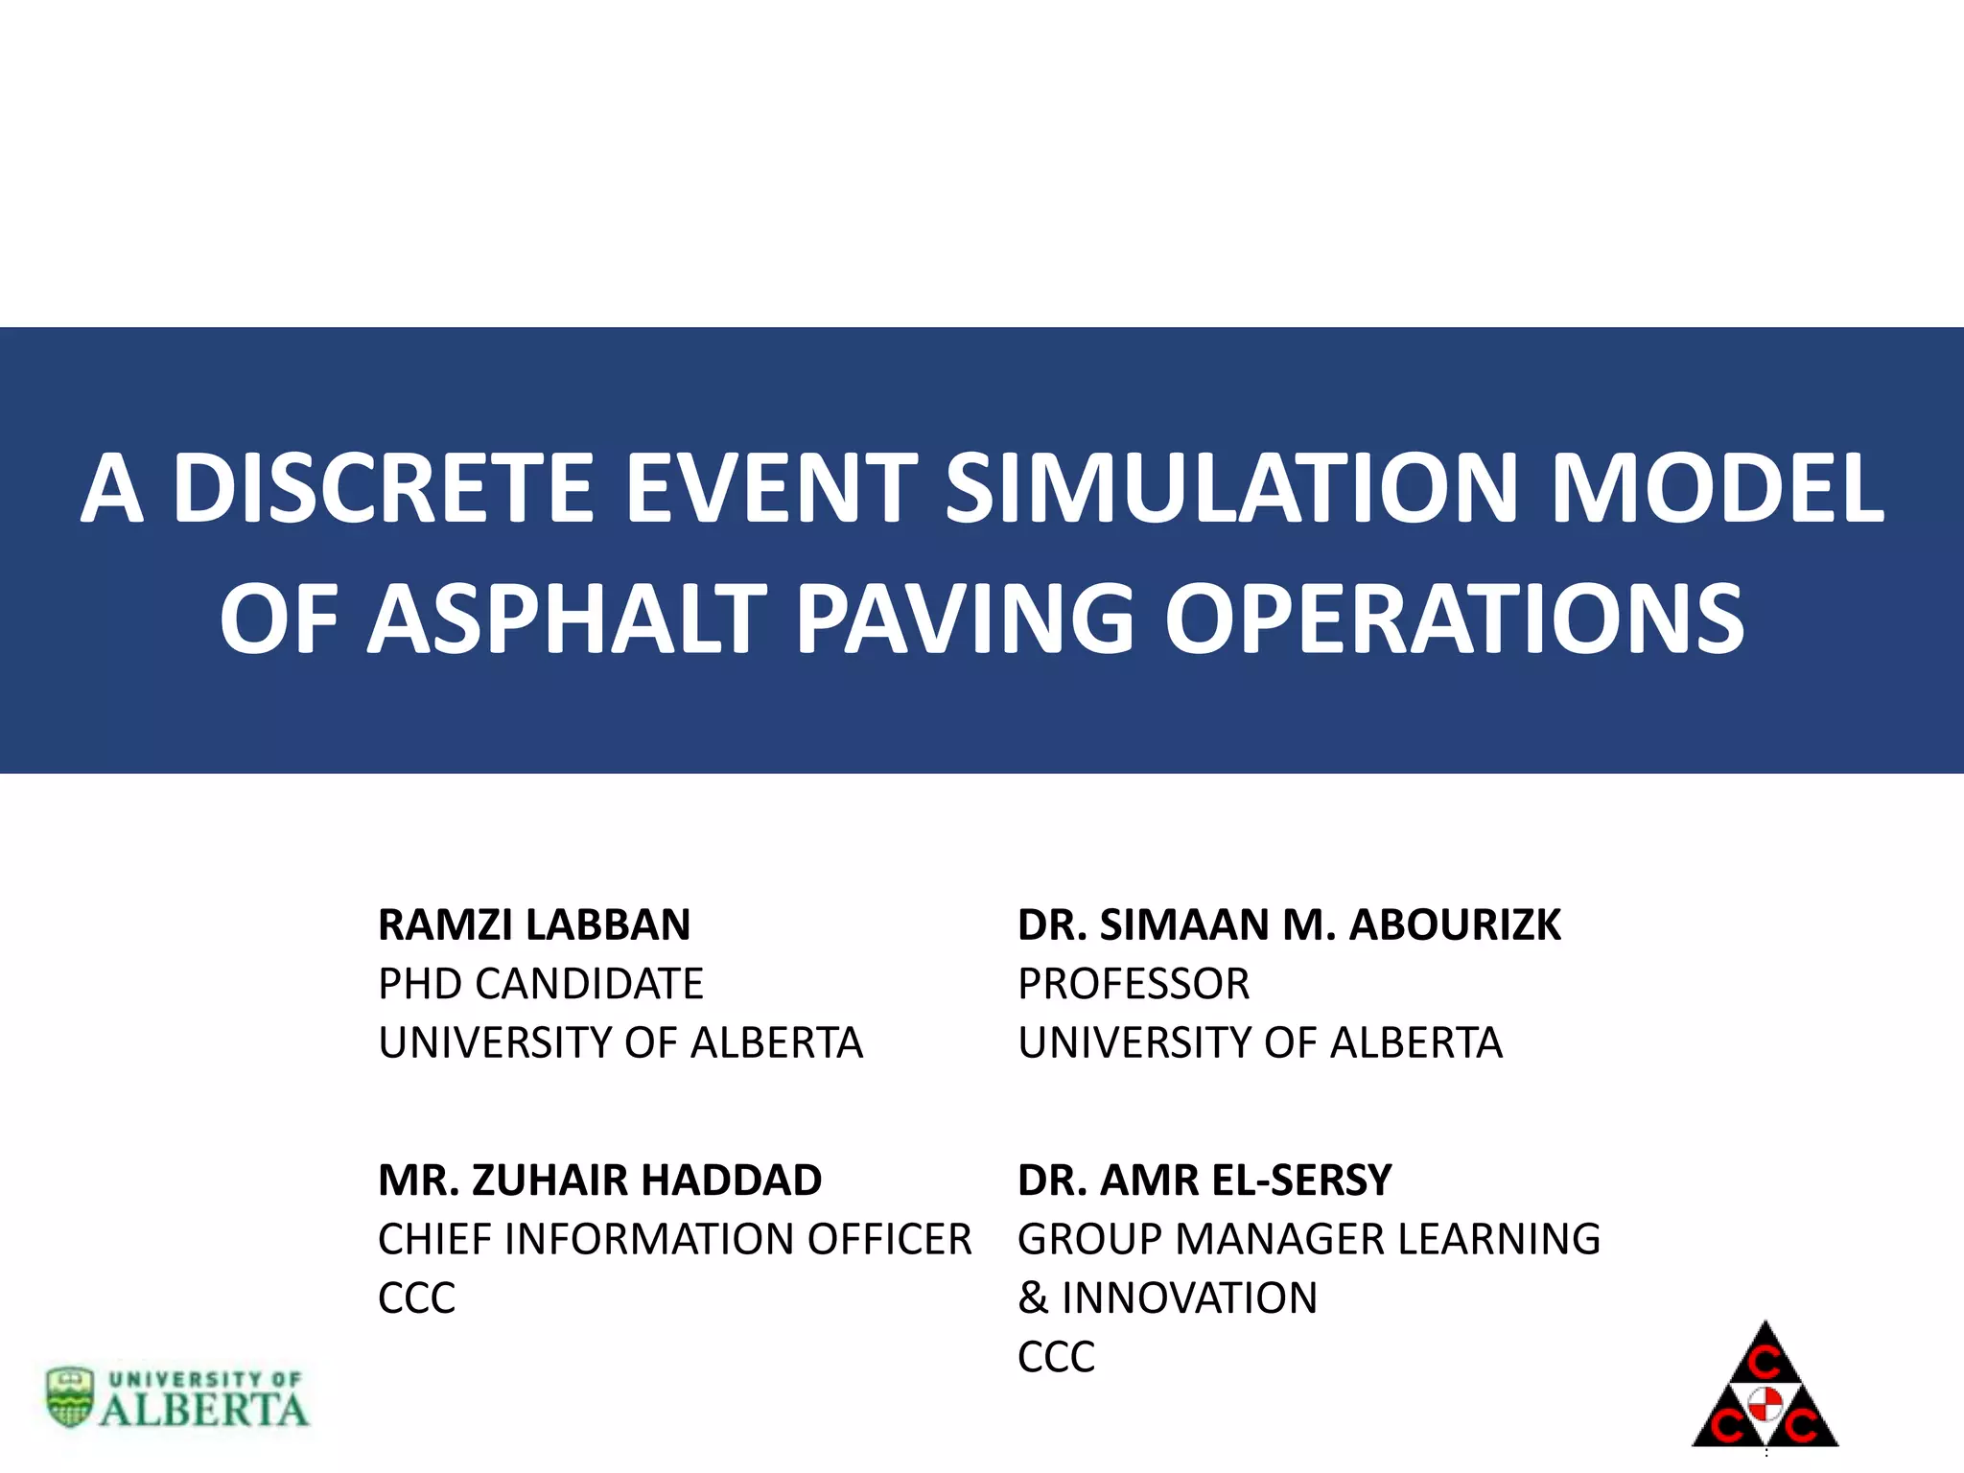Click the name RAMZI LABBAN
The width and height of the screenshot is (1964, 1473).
534,925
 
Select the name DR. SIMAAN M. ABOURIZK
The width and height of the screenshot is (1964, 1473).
1289,925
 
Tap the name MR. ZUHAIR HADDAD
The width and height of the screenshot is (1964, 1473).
599,1181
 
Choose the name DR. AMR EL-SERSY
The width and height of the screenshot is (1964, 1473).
1204,1181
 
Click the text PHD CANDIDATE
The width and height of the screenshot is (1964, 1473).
540,984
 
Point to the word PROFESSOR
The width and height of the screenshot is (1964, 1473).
1134,984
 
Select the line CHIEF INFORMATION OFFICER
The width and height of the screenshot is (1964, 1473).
674,1239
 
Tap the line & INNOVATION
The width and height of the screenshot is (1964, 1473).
1167,1298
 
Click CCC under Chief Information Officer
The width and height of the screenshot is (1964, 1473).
416,1298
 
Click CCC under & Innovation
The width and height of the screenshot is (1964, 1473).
1056,1357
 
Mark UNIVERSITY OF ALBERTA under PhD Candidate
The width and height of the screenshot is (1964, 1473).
620,1043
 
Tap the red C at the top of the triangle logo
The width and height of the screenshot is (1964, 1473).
1765,1361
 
